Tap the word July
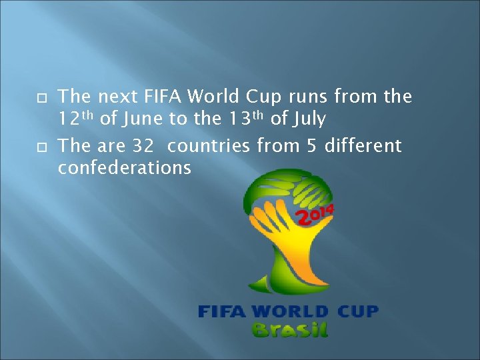click(307, 120)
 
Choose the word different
click(363, 145)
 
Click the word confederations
click(125, 168)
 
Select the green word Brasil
click(289, 329)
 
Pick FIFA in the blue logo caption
click(222, 311)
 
